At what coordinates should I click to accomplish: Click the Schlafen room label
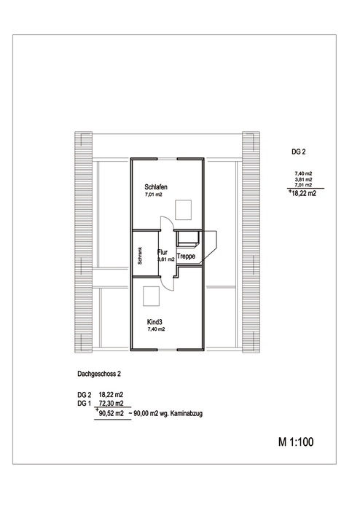click(x=156, y=187)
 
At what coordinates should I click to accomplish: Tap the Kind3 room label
click(x=154, y=322)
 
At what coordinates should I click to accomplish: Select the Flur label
click(x=163, y=252)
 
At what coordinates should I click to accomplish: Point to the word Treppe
click(x=186, y=256)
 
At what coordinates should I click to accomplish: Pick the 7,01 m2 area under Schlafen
click(x=154, y=195)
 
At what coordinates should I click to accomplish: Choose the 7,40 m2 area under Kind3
click(x=156, y=329)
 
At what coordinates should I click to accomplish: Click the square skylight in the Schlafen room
click(x=184, y=210)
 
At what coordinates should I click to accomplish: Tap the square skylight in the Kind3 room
click(x=152, y=297)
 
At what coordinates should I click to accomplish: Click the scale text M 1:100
click(x=296, y=442)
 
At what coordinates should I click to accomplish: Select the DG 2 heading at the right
click(x=299, y=152)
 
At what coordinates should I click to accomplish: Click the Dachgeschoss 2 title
click(x=99, y=374)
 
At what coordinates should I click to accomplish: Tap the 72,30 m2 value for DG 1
click(x=111, y=404)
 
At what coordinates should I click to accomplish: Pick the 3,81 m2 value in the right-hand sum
click(x=303, y=179)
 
